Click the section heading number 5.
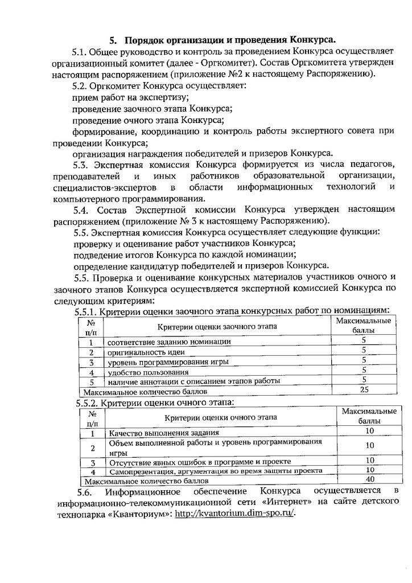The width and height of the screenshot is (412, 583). click(x=113, y=40)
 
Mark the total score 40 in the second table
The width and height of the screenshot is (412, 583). click(x=370, y=481)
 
